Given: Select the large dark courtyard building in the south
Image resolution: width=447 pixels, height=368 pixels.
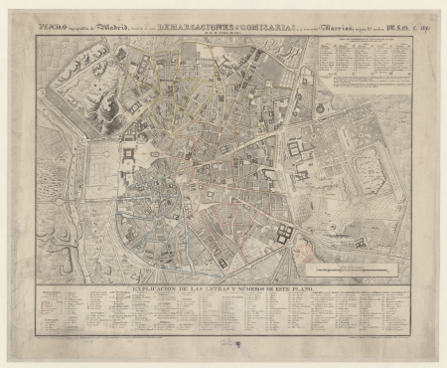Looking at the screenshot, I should coord(282,235).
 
